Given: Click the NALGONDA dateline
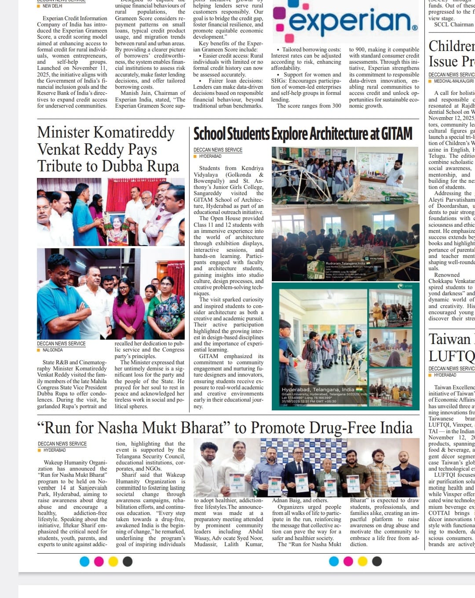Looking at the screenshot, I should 52,350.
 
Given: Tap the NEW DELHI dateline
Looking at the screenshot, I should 52,6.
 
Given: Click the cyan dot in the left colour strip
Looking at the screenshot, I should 85,561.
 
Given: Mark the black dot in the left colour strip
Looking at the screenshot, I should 128,561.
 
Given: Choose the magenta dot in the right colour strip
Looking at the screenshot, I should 348,561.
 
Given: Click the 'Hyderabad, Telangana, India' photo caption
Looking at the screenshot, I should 318,389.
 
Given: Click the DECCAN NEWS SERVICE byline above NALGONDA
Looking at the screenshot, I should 61,344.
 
